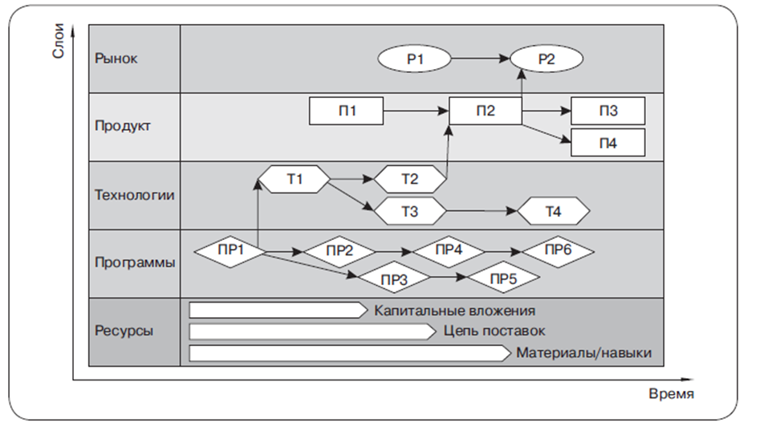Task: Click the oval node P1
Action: (414, 59)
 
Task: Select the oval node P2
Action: (547, 59)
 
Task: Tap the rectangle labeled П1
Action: (347, 111)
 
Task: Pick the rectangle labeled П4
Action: (608, 143)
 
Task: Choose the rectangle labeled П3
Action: (608, 111)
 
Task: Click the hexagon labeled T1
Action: (295, 178)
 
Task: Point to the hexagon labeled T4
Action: (554, 212)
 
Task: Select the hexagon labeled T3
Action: (409, 212)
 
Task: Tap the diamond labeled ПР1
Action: (230, 250)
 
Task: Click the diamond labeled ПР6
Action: (558, 250)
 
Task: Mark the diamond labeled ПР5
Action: (503, 278)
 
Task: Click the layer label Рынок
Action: (116, 59)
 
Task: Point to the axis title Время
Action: (671, 395)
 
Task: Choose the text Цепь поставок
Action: (494, 331)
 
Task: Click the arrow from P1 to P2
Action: (481, 59)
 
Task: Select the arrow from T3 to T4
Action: (482, 212)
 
